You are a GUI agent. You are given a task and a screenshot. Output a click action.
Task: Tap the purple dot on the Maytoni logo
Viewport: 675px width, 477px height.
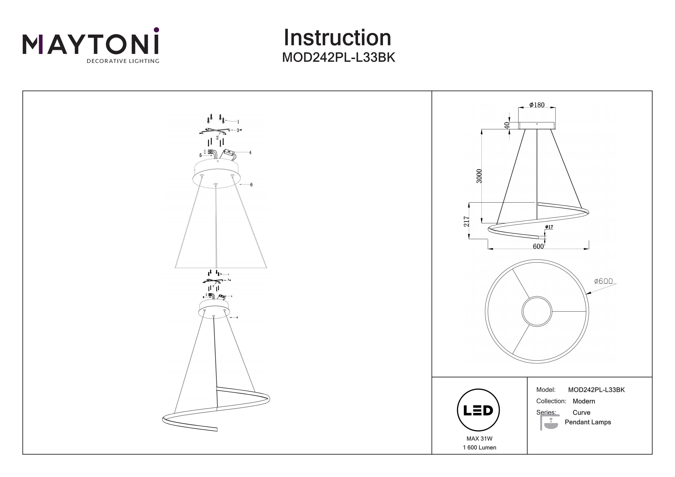(x=156, y=30)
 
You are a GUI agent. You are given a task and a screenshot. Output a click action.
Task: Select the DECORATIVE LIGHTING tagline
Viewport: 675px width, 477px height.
(x=123, y=61)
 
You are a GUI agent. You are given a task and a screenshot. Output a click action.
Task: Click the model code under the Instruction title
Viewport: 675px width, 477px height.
(x=338, y=58)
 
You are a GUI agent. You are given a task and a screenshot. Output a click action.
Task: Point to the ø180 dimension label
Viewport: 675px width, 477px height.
(x=537, y=105)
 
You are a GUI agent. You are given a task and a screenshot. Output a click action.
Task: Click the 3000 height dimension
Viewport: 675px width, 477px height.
(x=479, y=176)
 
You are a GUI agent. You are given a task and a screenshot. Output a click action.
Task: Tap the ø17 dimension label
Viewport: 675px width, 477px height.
(x=549, y=227)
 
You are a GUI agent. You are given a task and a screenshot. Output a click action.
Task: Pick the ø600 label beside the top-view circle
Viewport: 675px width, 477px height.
(x=603, y=281)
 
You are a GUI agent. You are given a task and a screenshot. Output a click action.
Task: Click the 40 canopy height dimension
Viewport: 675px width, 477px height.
(x=506, y=125)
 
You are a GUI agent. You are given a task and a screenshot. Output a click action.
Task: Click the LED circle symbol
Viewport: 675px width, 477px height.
(x=478, y=410)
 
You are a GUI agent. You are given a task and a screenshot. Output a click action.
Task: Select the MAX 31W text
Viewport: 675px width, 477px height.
(x=479, y=439)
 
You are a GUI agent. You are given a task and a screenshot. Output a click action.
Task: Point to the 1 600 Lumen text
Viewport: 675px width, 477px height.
(x=479, y=448)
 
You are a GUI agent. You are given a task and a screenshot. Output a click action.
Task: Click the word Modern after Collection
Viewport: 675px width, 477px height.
(x=584, y=401)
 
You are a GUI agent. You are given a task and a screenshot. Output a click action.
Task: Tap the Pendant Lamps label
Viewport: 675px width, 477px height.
(x=588, y=422)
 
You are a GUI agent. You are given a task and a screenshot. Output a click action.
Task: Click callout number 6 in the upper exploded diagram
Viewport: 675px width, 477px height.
(x=251, y=185)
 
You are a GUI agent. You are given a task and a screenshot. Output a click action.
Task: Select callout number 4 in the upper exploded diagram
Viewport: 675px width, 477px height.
(x=250, y=152)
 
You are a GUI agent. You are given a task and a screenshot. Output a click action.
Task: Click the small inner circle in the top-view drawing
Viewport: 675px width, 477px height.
(x=537, y=311)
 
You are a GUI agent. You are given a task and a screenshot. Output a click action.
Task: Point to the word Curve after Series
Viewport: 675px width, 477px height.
(x=581, y=412)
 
